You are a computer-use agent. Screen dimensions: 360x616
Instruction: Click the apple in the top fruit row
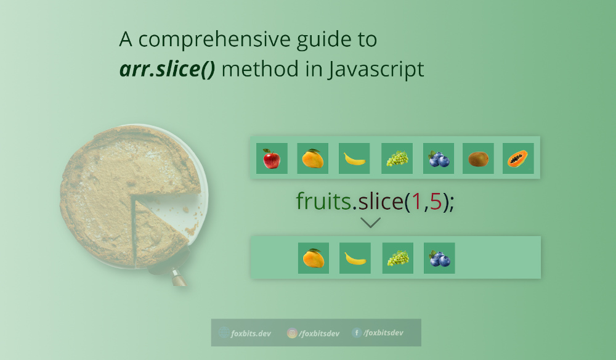[x=271, y=158]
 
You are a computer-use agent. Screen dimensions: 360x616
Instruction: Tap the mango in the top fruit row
[x=312, y=158]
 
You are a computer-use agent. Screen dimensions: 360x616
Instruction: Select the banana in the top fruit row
[x=354, y=159]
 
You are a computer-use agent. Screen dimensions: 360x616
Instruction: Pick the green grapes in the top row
[x=397, y=159]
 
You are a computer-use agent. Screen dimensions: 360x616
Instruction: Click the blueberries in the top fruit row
[x=439, y=159]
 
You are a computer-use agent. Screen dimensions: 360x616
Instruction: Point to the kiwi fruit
[x=479, y=159]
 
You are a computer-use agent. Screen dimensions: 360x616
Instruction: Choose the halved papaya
[x=518, y=159]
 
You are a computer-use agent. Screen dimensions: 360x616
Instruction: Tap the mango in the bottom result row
[x=313, y=258]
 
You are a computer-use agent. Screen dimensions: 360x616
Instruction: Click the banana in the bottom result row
[x=355, y=258]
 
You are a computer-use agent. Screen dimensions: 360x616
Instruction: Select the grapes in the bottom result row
[x=397, y=258]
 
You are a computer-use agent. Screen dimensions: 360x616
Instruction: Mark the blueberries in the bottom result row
[x=439, y=258]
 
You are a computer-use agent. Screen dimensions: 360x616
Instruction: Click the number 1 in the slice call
[x=416, y=202]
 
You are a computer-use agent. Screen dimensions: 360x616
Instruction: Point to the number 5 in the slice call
[x=436, y=202]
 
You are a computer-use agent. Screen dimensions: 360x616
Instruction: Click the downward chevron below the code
[x=370, y=223]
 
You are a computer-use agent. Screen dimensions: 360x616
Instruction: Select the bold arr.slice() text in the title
[x=167, y=69]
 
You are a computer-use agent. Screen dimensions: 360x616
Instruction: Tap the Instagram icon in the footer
[x=292, y=333]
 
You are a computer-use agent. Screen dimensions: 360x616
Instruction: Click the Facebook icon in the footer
[x=357, y=333]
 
